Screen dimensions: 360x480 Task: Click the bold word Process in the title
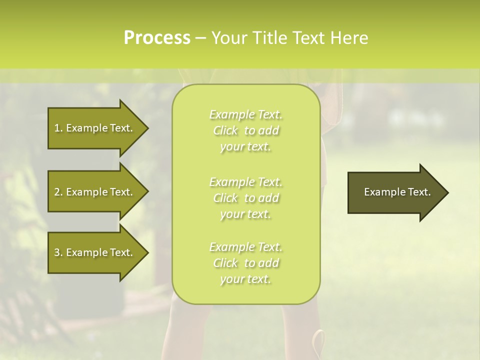157,37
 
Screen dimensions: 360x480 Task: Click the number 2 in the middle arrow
57,192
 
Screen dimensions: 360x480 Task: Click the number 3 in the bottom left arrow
57,252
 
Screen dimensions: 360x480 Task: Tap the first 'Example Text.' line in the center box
245,114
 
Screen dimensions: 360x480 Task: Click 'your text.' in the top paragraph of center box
245,146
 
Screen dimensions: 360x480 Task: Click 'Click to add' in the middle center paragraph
245,198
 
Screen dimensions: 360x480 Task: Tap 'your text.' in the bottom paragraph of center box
245,279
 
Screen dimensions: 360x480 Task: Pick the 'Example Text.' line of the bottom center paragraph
245,247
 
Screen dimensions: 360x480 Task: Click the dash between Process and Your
200,38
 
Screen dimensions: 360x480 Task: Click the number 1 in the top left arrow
56,128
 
